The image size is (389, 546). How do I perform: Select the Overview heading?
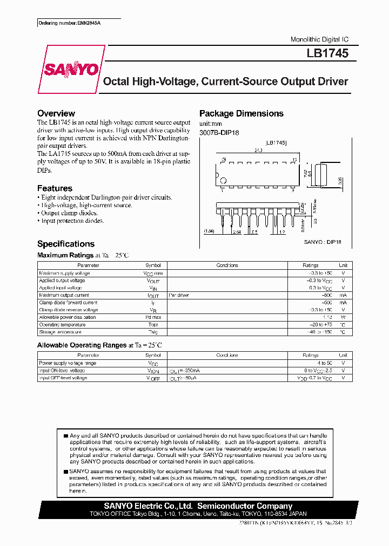56,113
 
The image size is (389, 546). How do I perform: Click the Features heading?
55,188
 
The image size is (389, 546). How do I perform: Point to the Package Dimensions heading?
241,113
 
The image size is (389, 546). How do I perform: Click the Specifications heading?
65,244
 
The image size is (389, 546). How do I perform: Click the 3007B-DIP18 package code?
219,132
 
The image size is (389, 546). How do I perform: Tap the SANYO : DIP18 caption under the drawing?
323,242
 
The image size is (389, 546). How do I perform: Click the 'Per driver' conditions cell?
179,295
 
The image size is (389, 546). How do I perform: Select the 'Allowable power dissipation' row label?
68,317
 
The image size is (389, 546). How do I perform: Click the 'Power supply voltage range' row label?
68,363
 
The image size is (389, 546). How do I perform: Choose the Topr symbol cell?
153,325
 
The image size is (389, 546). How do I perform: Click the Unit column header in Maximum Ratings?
343,265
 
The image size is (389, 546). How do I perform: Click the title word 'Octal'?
116,82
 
